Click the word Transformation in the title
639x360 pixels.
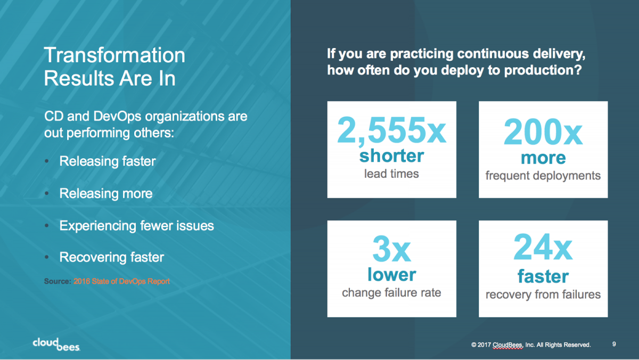click(114, 55)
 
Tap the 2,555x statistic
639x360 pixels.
click(391, 130)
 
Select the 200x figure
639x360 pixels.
click(543, 132)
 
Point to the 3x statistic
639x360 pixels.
click(391, 249)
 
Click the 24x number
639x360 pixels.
click(543, 247)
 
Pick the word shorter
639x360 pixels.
click(391, 156)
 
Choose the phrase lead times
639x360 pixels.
click(391, 174)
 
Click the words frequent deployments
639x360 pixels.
click(543, 176)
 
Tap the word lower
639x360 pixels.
click(391, 274)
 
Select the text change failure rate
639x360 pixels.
click(391, 293)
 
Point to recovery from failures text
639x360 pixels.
click(543, 294)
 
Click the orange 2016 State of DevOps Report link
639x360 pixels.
click(121, 282)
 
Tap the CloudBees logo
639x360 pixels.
click(56, 345)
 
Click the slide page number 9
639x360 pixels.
click(614, 345)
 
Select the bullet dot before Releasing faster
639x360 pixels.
click(47, 161)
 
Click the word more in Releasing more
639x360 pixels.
click(137, 194)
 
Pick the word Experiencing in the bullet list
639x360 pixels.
click(97, 226)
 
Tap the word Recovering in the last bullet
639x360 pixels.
click(93, 258)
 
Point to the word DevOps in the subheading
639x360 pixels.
click(117, 117)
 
